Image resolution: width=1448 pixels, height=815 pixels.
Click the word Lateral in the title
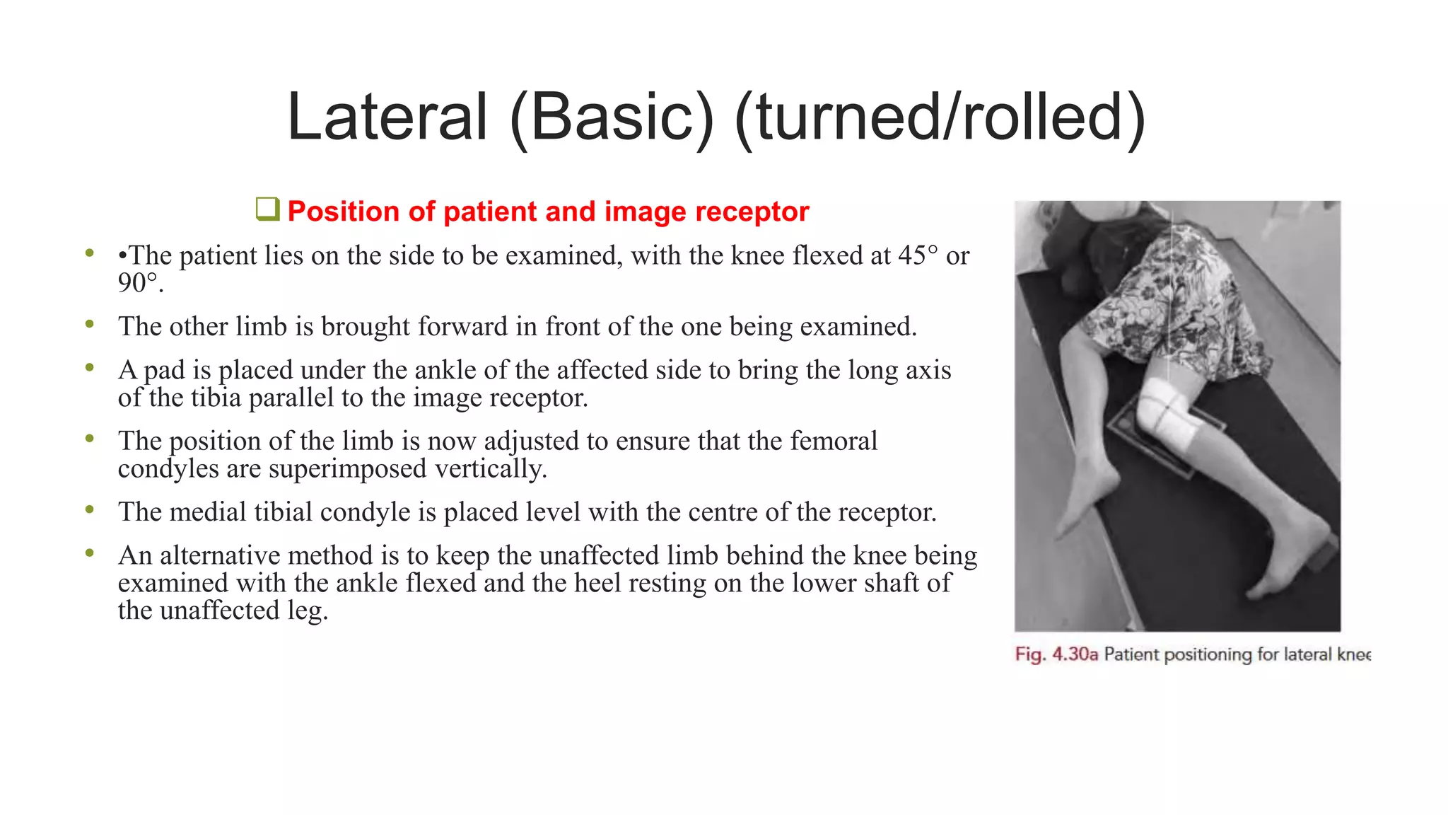pyautogui.click(x=387, y=117)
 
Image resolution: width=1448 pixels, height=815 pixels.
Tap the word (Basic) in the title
pyautogui.click(x=612, y=117)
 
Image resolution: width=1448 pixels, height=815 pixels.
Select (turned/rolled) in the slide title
pyautogui.click(x=940, y=117)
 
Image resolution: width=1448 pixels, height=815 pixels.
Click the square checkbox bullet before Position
pyautogui.click(x=268, y=210)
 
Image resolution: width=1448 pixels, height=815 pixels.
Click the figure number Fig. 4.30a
pyautogui.click(x=1056, y=654)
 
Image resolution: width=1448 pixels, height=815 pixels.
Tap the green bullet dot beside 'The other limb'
pyautogui.click(x=90, y=325)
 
